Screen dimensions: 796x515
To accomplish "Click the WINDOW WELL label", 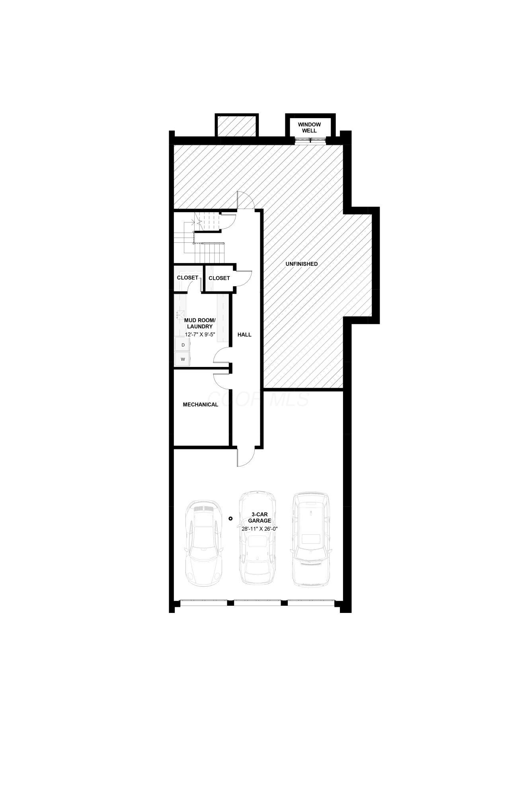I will (309, 127).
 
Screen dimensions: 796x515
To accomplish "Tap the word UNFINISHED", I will (301, 264).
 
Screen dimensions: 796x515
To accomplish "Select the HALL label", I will (244, 335).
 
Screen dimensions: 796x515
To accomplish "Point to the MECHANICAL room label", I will (200, 405).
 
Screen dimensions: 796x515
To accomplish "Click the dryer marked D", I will (183, 345).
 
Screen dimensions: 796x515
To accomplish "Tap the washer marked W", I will (183, 359).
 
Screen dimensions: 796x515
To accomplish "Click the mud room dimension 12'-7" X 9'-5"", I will (200, 334).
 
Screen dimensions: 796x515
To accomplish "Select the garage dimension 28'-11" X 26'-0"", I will (259, 529).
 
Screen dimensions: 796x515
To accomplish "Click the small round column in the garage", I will (230, 518).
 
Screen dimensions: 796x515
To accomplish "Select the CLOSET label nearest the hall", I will (219, 278).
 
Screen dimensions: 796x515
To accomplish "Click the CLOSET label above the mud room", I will (187, 277).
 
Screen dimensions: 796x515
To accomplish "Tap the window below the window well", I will (310, 140).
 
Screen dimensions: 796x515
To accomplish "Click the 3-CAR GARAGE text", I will (259, 517).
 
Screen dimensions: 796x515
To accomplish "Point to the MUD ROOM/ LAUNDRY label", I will (200, 323).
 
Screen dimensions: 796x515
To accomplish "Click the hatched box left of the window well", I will (237, 126).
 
